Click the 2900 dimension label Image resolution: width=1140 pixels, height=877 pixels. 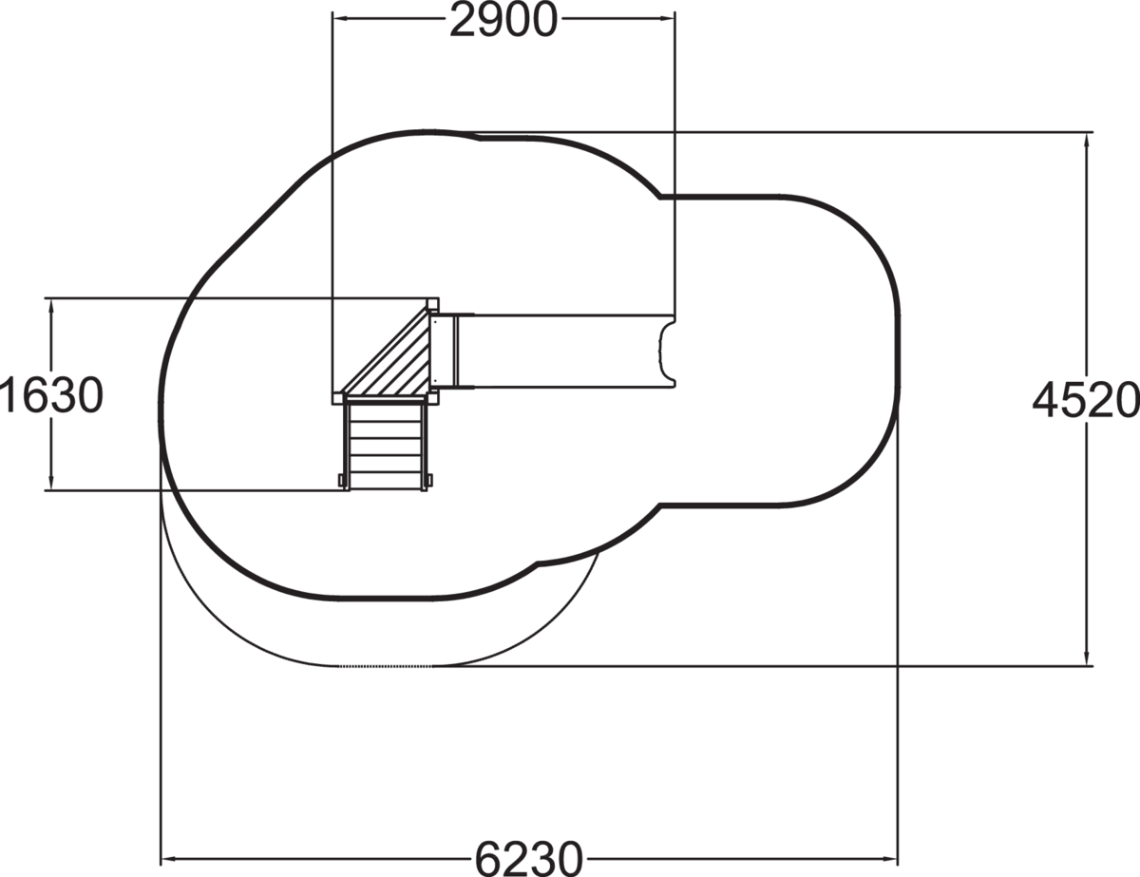pyautogui.click(x=503, y=21)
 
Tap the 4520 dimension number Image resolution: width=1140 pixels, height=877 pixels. pyautogui.click(x=1086, y=400)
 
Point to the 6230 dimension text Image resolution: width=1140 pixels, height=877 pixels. pyautogui.click(x=529, y=859)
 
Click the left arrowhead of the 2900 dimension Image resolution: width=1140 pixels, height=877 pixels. pyautogui.click(x=339, y=18)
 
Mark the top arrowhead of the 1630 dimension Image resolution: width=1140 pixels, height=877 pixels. pyautogui.click(x=51, y=306)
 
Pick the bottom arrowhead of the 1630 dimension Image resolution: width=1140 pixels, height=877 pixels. pyautogui.click(x=51, y=483)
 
